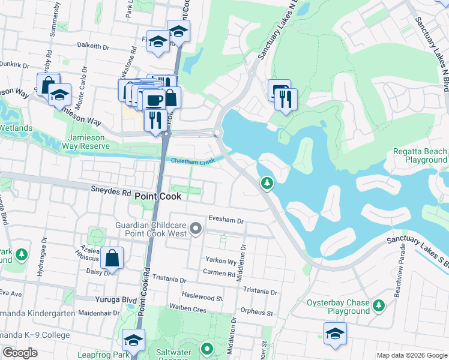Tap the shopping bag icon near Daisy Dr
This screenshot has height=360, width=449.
pos(112,258)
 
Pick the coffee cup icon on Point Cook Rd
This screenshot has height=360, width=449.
pos(154,99)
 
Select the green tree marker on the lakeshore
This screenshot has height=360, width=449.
pos(267,183)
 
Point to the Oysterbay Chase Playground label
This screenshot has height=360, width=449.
pos(338,307)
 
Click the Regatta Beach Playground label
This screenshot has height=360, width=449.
pos(420,156)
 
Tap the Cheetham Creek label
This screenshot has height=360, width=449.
pos(192,161)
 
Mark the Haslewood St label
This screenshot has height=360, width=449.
pos(202,298)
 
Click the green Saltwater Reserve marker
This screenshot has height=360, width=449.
pos(207,348)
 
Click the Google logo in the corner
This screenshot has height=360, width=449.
pos(20,353)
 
